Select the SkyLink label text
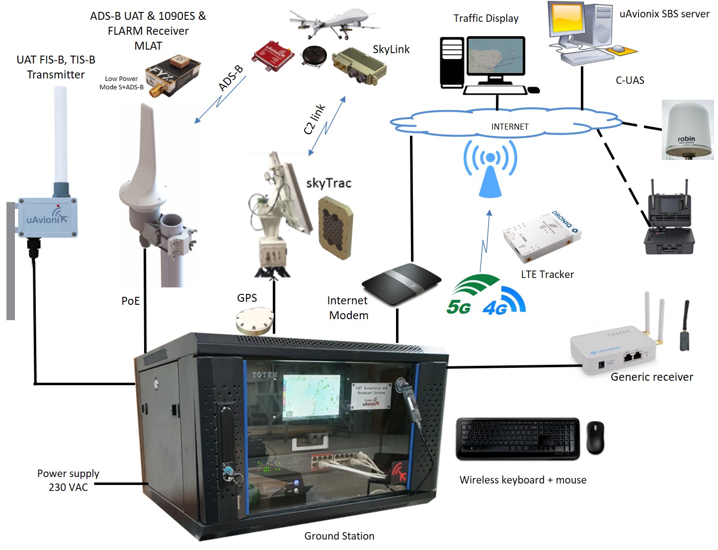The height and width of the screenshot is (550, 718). click(x=391, y=49)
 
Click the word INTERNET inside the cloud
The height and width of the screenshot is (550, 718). click(x=510, y=127)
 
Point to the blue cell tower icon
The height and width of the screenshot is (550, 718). click(x=490, y=169)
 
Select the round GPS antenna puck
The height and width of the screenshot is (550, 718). click(x=255, y=321)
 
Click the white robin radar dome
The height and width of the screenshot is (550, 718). click(x=688, y=130)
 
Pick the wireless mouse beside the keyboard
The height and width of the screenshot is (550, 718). click(x=595, y=437)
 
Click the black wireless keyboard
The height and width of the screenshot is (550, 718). click(x=518, y=438)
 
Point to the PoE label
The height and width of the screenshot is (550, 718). click(x=131, y=301)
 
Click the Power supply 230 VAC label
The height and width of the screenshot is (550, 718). click(x=68, y=480)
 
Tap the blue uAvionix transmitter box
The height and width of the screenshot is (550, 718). click(x=48, y=218)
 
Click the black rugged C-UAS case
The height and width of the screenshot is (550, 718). click(x=669, y=225)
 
